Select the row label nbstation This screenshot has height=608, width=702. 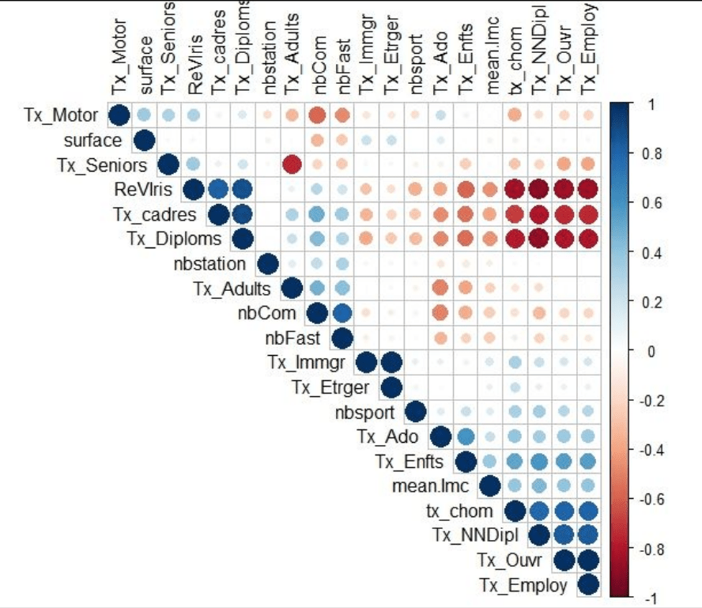click(209, 264)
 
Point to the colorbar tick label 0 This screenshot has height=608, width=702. click(629, 351)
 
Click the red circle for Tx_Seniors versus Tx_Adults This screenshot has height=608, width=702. click(292, 165)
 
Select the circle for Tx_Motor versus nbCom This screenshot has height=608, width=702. click(317, 116)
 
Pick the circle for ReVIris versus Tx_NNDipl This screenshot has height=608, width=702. click(539, 190)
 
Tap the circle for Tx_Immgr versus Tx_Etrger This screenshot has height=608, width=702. click(391, 363)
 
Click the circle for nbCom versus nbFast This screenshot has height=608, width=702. click(342, 313)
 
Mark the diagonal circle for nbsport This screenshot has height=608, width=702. click(416, 412)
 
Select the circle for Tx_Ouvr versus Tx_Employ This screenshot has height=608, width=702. click(588, 561)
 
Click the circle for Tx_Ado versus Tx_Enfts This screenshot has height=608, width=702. click(465, 437)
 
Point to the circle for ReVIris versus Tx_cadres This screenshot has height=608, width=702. click(218, 190)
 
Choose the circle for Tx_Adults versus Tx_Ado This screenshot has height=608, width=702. click(440, 289)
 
